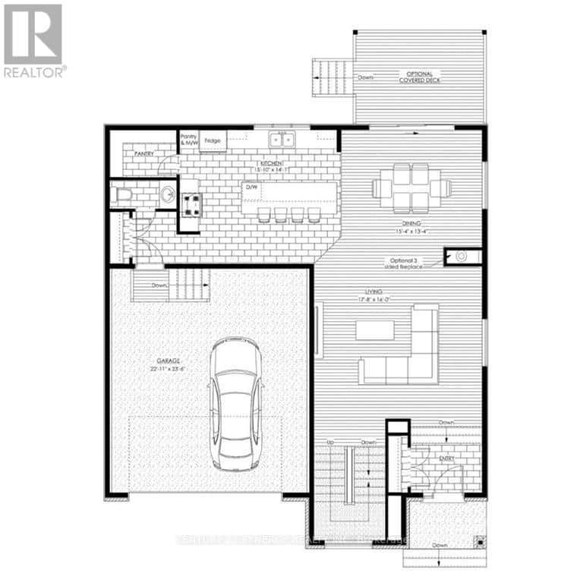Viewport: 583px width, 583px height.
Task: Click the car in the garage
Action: [x=236, y=402]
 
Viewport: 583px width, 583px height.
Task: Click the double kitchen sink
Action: [x=283, y=139]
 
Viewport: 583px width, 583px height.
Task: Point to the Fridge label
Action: [x=213, y=140]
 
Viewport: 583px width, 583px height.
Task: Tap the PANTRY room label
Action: [x=144, y=154]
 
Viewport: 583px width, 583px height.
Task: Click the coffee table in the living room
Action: [x=375, y=330]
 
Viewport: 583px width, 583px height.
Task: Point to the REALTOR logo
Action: [x=33, y=41]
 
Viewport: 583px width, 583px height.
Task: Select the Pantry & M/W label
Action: [x=188, y=140]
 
